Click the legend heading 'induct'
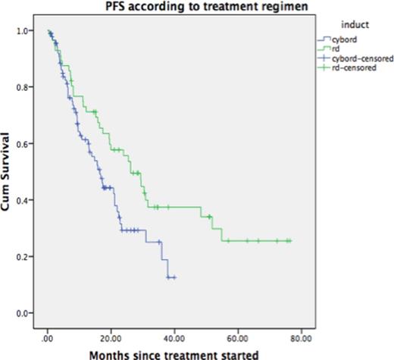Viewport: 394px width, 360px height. (x=347, y=24)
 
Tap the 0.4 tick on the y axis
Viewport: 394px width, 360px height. (x=27, y=200)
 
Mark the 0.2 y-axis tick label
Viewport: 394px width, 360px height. (x=27, y=257)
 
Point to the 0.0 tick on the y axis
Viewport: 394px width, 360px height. (x=27, y=313)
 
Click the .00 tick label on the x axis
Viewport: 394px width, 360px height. (x=47, y=330)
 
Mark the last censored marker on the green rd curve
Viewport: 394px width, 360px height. (x=289, y=241)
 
